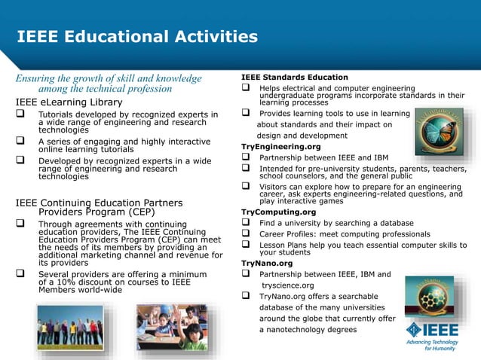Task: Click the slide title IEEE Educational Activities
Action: (136, 36)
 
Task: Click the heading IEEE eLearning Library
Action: (69, 102)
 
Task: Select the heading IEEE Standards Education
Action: (294, 77)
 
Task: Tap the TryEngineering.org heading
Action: (280, 146)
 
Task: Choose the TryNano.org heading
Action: (266, 264)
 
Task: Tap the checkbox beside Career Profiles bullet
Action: (246, 234)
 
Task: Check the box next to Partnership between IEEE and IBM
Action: (246, 157)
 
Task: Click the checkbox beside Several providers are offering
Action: (21, 274)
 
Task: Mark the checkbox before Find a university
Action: (246, 223)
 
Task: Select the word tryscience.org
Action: (287, 285)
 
